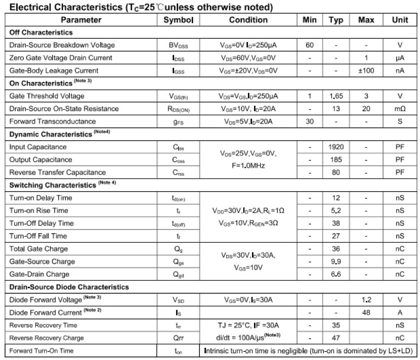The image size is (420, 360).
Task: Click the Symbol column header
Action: (x=179, y=20)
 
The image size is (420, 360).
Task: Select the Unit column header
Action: (x=400, y=20)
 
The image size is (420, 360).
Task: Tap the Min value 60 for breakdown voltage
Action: (x=310, y=45)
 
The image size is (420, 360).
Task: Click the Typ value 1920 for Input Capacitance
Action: (x=336, y=147)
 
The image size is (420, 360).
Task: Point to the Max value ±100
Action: (x=366, y=71)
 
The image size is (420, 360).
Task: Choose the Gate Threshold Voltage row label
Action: (x=47, y=96)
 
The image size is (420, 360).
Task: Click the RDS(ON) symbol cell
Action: (x=179, y=109)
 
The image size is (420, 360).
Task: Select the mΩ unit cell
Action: (x=400, y=109)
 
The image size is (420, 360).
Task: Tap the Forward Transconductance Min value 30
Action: (x=310, y=122)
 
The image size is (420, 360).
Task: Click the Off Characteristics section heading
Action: (x=41, y=32)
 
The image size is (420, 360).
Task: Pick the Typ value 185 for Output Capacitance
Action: (x=336, y=160)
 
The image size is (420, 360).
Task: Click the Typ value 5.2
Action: (x=336, y=211)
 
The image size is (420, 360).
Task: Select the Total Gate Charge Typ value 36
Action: (x=336, y=249)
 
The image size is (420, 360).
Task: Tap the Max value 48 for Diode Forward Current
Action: (x=366, y=313)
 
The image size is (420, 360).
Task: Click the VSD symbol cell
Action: (x=179, y=300)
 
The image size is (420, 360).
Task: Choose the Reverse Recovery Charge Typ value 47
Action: (x=336, y=338)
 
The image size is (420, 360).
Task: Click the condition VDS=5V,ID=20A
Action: (x=248, y=122)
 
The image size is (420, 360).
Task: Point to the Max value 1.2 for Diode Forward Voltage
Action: (x=366, y=300)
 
